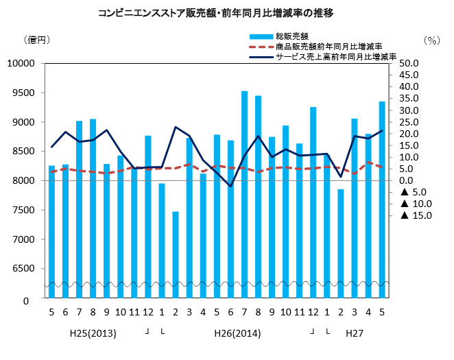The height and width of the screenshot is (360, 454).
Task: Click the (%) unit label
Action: (x=431, y=40)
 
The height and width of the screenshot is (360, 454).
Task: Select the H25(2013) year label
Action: (x=93, y=334)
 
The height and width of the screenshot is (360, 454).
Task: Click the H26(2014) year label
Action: (x=237, y=334)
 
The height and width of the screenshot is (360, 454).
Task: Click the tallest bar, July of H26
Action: (x=244, y=192)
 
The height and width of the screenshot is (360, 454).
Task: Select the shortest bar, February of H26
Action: (x=176, y=254)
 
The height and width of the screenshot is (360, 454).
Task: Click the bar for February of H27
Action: (x=340, y=243)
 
